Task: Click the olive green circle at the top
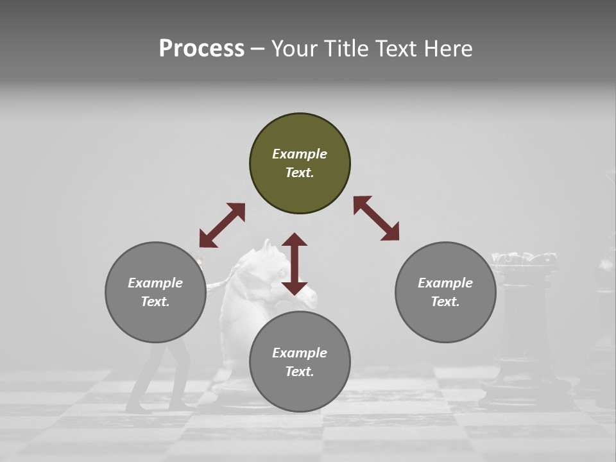(x=300, y=164)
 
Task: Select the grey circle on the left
(x=155, y=292)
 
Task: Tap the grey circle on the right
(x=445, y=292)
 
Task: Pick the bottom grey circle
(x=300, y=362)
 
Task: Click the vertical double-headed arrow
(x=295, y=264)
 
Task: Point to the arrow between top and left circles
(x=222, y=225)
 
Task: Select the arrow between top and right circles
(x=377, y=218)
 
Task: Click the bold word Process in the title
(x=201, y=48)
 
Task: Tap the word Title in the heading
(x=346, y=48)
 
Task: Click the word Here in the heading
(x=449, y=48)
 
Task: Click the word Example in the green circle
(x=300, y=154)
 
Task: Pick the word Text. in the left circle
(x=155, y=302)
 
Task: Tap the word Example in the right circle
(x=445, y=283)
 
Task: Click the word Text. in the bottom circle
(x=300, y=372)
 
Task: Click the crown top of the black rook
(x=524, y=259)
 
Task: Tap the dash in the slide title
(x=258, y=48)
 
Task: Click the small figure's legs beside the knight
(x=157, y=379)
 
